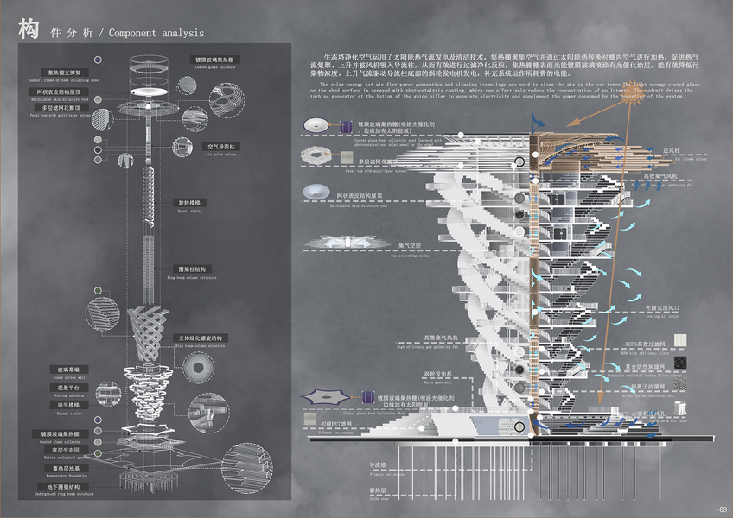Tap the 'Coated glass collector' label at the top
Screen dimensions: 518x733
point(211,60)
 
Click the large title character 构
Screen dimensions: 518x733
point(29,30)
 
